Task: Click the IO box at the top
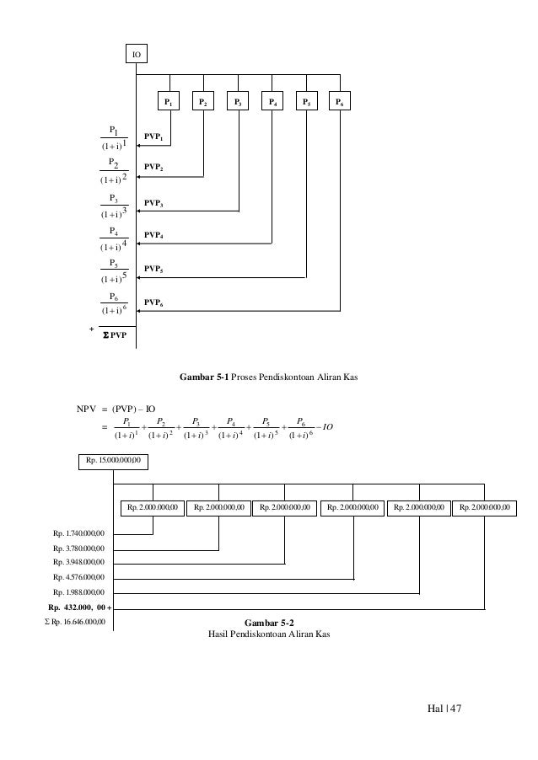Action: pyautogui.click(x=136, y=55)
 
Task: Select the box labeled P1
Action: pyautogui.click(x=169, y=102)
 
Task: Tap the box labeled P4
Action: pyautogui.click(x=272, y=102)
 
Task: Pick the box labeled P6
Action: pyautogui.click(x=339, y=102)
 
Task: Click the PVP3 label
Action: pyautogui.click(x=153, y=204)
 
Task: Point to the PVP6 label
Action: pyautogui.click(x=153, y=302)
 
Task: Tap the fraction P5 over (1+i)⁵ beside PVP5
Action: pyautogui.click(x=113, y=270)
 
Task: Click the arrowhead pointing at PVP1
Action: pyautogui.click(x=138, y=145)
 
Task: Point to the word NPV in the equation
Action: pyautogui.click(x=89, y=410)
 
